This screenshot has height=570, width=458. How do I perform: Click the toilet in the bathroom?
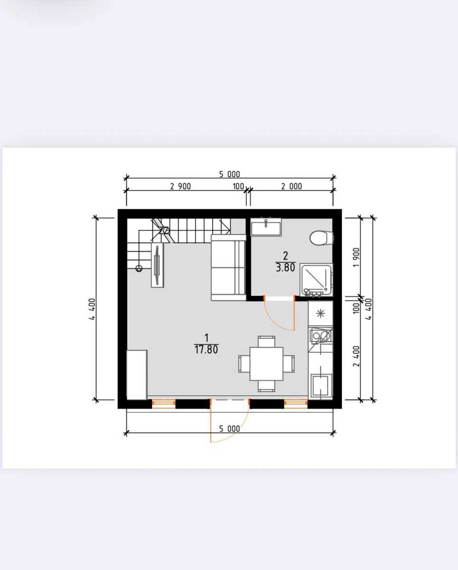321,237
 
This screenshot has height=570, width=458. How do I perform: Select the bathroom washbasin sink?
266,227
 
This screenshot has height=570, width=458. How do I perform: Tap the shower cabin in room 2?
317,280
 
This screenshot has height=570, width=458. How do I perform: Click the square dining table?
266,364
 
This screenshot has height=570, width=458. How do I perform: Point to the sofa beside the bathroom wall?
228,267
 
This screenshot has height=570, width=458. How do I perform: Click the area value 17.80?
206,350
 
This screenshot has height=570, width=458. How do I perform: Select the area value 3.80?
285,268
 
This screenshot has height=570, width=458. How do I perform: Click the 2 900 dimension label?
180,187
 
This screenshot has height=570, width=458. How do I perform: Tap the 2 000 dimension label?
291,187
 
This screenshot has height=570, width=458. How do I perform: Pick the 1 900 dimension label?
356,257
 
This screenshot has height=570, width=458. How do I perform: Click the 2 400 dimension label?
356,356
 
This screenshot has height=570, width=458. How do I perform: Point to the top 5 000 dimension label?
229,174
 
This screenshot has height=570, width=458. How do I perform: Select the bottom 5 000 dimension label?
229,428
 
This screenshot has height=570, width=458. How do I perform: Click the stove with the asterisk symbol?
320,313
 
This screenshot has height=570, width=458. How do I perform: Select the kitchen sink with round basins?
320,336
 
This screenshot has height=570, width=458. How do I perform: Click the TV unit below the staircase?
157,265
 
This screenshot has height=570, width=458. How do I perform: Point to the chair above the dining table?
266,342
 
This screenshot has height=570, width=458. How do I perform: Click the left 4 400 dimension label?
92,309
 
